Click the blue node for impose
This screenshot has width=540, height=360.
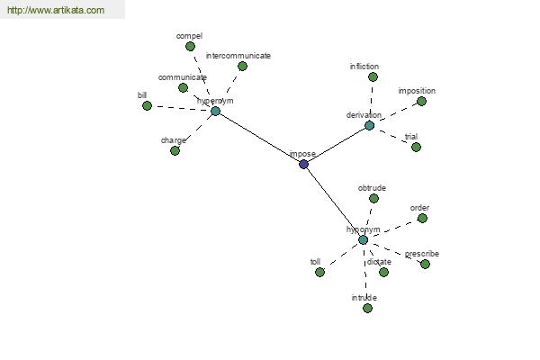pos(303,165)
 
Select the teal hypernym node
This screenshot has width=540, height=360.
pos(215,111)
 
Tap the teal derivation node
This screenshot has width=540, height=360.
pos(369,126)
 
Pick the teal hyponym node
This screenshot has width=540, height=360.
pos(363,239)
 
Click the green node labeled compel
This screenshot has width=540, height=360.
pos(190,46)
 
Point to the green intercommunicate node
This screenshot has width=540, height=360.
pos(242,66)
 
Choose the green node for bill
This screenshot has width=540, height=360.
pos(147,106)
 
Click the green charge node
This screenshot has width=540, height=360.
pos(175,150)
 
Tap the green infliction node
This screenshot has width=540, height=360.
pos(373,77)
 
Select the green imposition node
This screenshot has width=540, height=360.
pos(421,102)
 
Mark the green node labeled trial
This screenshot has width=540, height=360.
pos(416,147)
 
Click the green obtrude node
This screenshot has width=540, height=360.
pos(373,198)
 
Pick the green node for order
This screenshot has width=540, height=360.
pos(422,219)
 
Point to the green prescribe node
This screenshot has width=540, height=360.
pos(425,265)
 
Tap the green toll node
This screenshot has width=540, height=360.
pos(319,272)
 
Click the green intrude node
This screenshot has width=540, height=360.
pos(367,308)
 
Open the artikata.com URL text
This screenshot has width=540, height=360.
pos(56,10)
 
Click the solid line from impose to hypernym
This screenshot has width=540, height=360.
pos(259,138)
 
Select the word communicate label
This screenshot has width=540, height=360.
pos(183,77)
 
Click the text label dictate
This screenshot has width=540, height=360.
pos(379,262)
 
